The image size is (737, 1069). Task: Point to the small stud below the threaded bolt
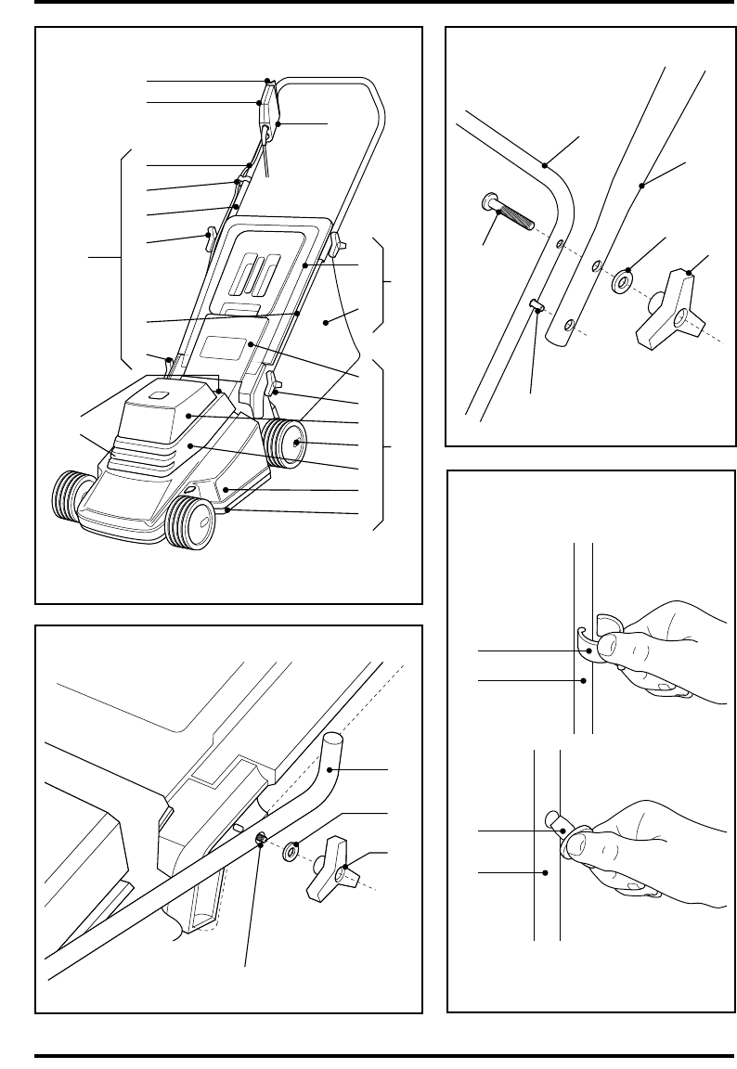pyautogui.click(x=536, y=306)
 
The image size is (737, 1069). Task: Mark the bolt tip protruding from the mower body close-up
pyautogui.click(x=261, y=838)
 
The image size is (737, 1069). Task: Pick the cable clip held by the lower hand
pyautogui.click(x=559, y=822)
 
